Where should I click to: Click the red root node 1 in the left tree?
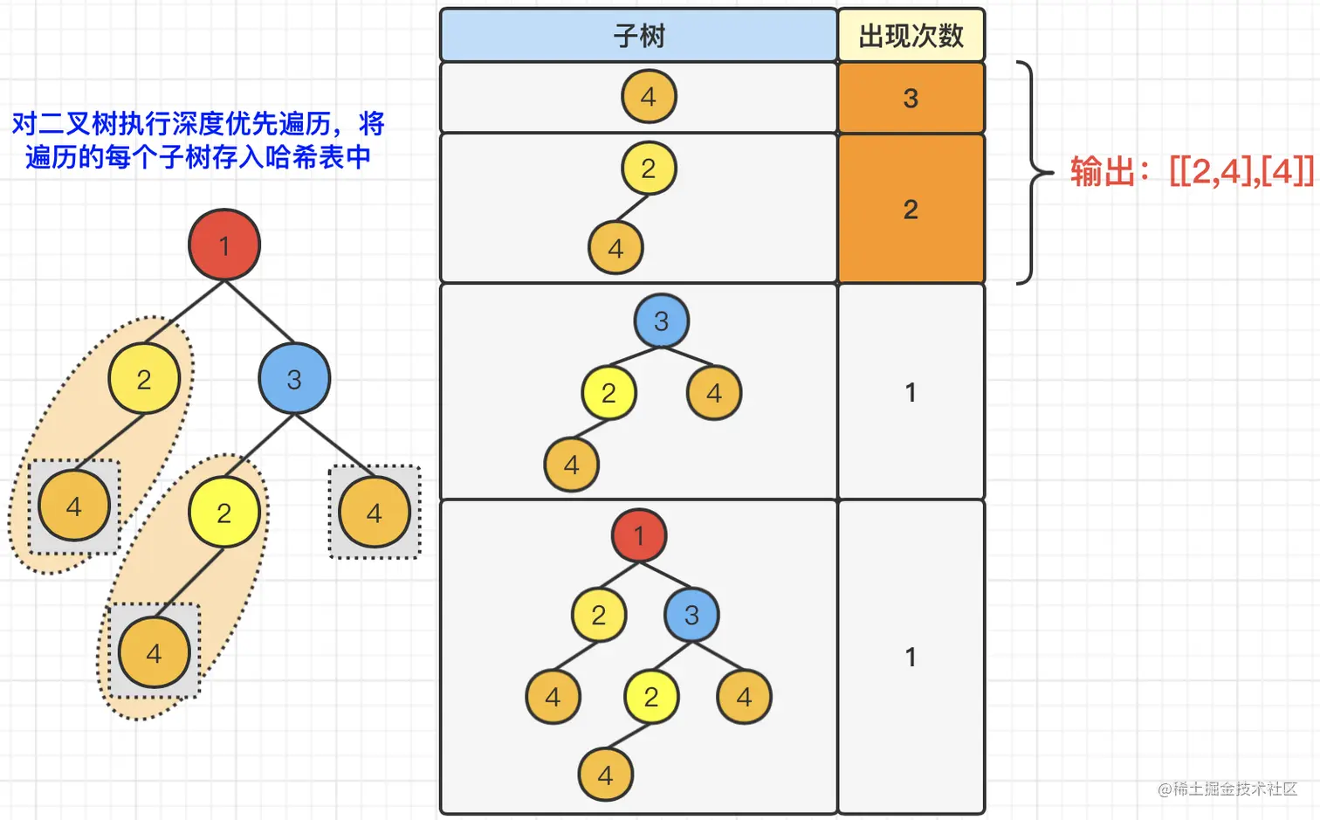tap(224, 245)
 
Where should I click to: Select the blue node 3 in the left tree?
tap(294, 379)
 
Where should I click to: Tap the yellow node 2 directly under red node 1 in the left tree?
tap(144, 379)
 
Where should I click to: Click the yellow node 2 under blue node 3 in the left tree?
tap(224, 513)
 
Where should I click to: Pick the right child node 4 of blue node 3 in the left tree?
tap(375, 513)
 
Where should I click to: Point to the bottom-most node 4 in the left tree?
tap(155, 652)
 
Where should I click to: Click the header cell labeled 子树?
tap(639, 36)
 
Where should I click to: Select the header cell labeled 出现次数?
tap(911, 36)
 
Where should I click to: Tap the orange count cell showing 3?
tap(911, 98)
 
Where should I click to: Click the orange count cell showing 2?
tap(911, 209)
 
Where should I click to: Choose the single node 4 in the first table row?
tap(649, 96)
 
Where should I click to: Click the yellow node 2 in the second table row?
tap(649, 168)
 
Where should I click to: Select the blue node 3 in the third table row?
tap(661, 320)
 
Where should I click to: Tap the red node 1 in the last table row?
tap(639, 534)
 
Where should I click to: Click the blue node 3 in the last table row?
tap(691, 615)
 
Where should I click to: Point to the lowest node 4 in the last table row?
tap(605, 775)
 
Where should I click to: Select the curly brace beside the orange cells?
tap(1031, 172)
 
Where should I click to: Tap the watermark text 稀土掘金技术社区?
tap(1234, 789)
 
